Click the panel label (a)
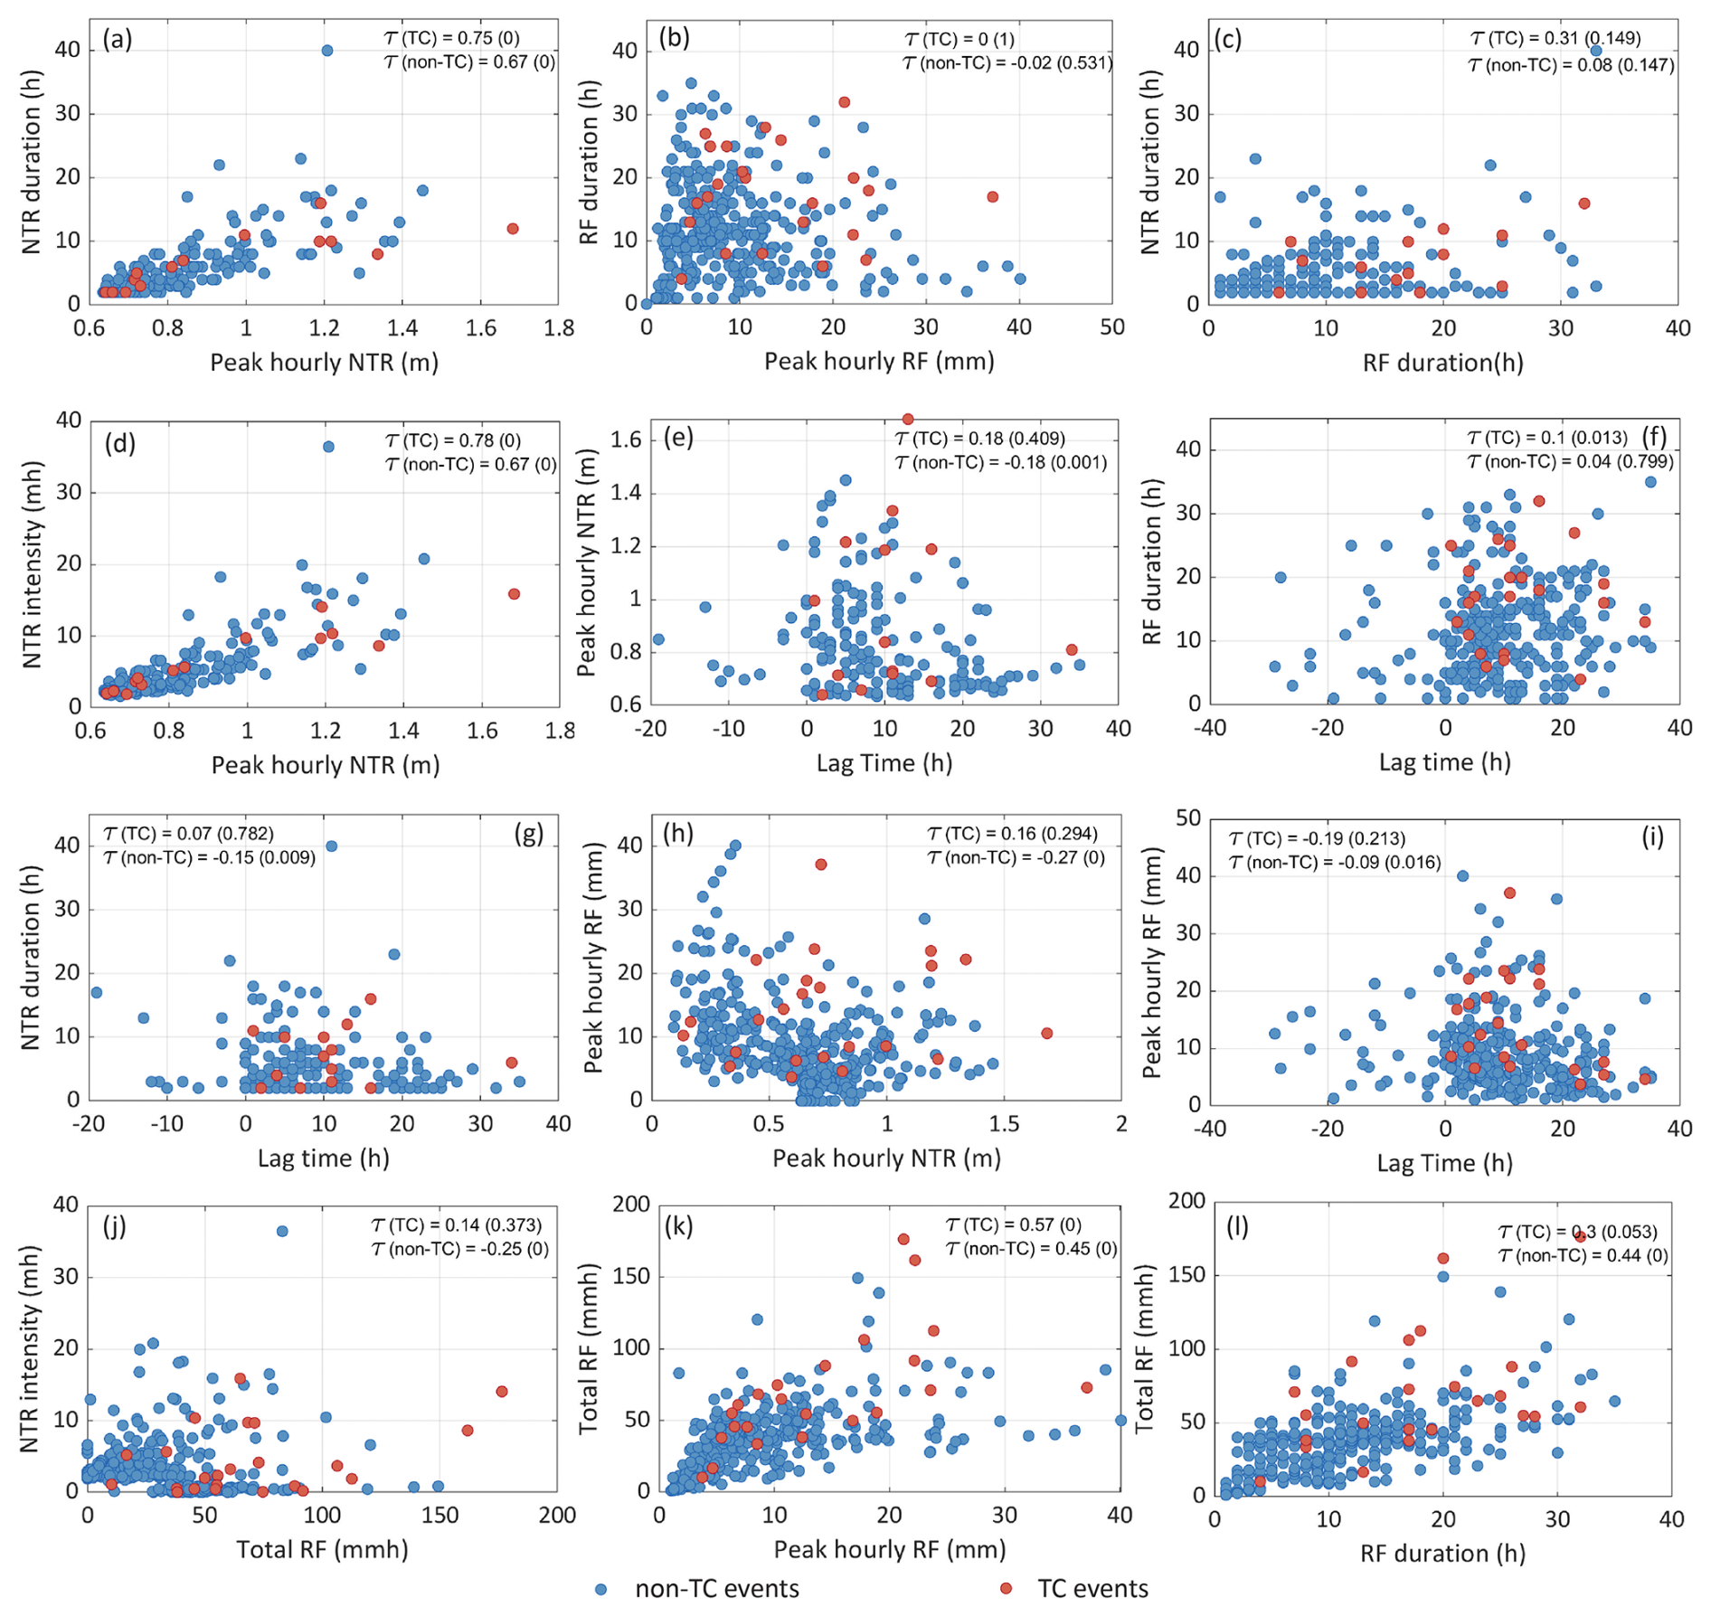point(117,39)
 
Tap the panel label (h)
point(678,832)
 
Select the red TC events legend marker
point(1006,1589)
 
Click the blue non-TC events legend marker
point(601,1589)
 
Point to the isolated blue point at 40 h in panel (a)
point(327,51)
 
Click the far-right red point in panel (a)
point(513,229)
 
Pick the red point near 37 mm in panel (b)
point(992,196)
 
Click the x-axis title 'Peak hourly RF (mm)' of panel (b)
point(879,362)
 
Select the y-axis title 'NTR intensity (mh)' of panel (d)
point(33,564)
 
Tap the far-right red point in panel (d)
point(514,594)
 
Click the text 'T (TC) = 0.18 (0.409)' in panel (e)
point(980,439)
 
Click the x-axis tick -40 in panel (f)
point(1211,727)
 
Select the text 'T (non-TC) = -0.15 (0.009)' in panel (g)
point(210,857)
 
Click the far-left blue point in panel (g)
point(96,992)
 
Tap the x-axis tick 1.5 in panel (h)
point(1004,1123)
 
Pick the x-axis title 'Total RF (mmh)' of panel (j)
point(323,1550)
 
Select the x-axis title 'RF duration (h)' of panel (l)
point(1442,1554)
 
